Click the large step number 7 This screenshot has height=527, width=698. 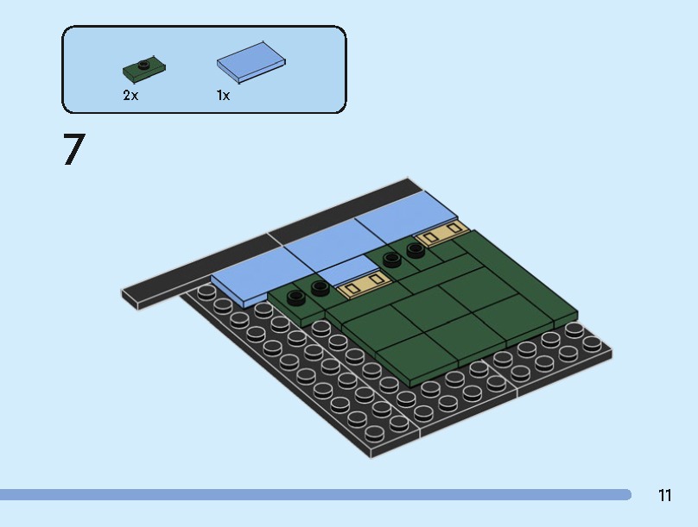(74, 150)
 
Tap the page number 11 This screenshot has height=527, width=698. (664, 495)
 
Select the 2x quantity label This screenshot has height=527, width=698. (130, 96)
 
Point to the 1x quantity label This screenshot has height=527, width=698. (224, 96)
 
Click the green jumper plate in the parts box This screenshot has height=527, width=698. (144, 67)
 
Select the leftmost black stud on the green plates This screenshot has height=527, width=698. (297, 298)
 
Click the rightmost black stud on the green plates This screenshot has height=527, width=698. (416, 250)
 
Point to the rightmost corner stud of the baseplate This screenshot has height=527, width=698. (593, 342)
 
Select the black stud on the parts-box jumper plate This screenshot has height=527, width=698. (144, 63)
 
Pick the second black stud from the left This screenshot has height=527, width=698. (320, 287)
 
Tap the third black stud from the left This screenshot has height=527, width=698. (392, 260)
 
